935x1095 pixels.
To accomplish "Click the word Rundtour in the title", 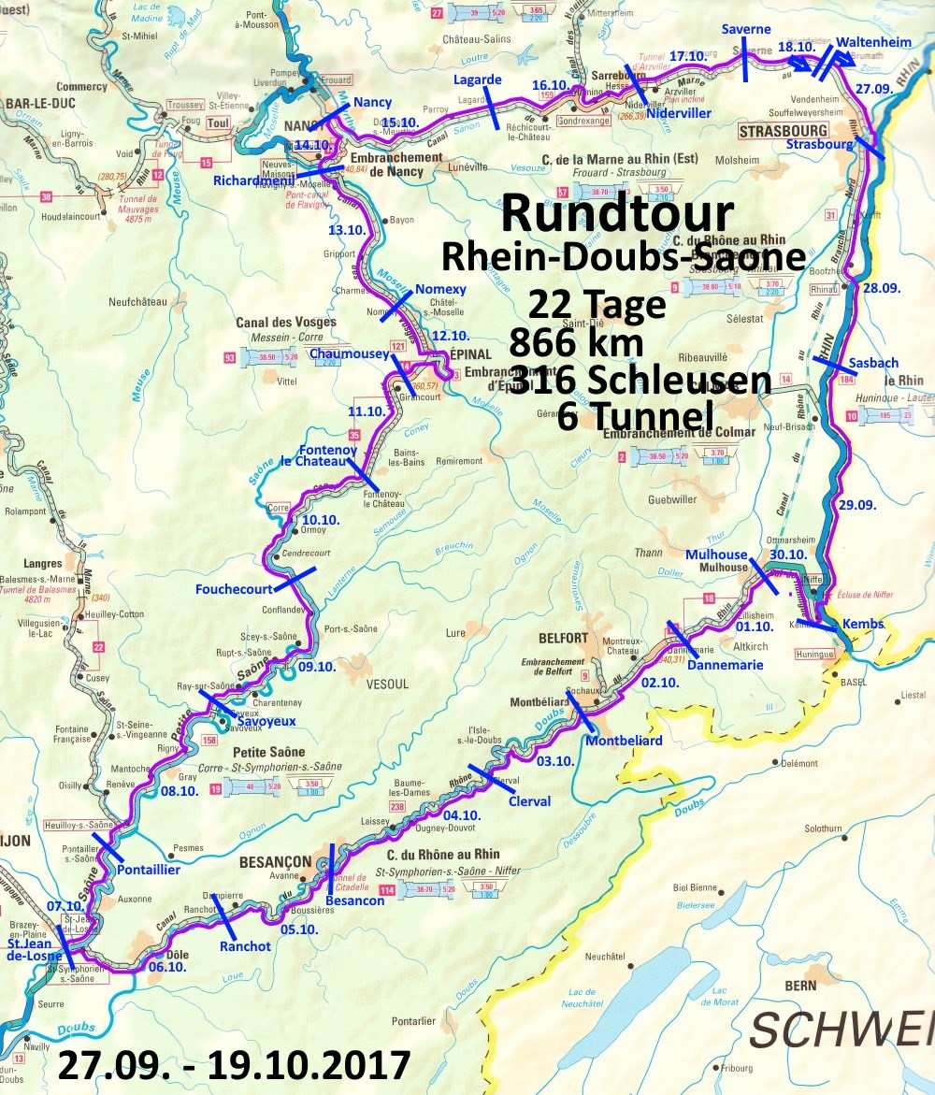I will pos(617,211).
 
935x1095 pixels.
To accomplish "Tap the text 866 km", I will pos(577,343).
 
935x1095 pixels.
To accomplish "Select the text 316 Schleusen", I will pos(640,380).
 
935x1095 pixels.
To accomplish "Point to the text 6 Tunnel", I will pos(635,415).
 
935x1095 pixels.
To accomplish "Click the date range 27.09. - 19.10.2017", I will pos(234,1065).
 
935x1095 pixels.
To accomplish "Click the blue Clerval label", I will pos(529,800).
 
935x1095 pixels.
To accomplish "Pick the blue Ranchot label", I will pos(245,945).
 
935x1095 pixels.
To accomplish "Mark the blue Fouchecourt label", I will pos(234,589).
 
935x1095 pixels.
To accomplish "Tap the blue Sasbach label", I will pos(874,363).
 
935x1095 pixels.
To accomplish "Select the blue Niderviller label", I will pos(678,112).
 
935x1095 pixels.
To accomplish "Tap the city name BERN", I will pos(800,985).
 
